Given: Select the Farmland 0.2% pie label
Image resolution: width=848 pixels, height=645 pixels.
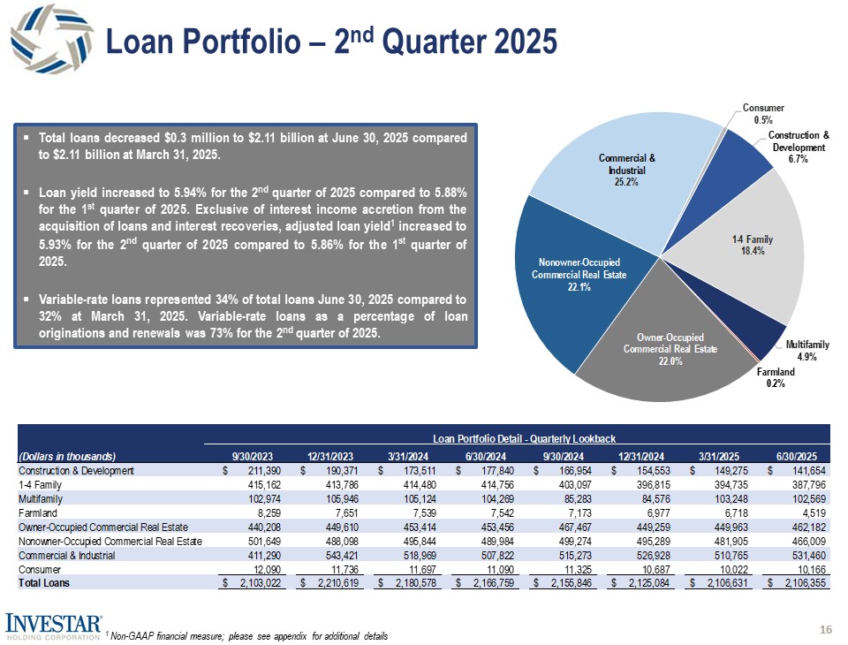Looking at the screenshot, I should (776, 377).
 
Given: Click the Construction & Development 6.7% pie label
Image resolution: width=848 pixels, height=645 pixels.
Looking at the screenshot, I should (799, 147).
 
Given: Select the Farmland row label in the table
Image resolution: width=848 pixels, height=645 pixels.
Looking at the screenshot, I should (38, 512).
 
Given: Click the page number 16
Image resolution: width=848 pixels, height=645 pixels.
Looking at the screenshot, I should (826, 628).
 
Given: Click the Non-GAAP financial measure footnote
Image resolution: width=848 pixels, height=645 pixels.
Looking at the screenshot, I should (249, 636).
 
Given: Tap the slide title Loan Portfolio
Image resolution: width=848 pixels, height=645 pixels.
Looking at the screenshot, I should (331, 40).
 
